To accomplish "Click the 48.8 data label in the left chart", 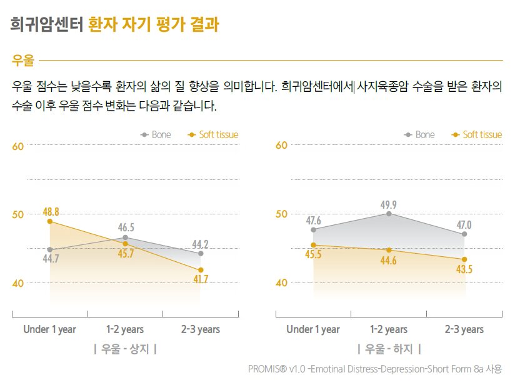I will (x=51, y=211).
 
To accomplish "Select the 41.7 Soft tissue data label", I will (x=201, y=279).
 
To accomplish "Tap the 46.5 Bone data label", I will (x=126, y=227).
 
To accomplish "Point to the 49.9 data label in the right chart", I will (x=389, y=204).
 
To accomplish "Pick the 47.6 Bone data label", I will (x=313, y=221).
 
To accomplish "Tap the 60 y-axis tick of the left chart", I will (x=18, y=146).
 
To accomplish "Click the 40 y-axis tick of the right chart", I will (x=281, y=282).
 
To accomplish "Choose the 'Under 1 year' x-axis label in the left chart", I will (x=49, y=329).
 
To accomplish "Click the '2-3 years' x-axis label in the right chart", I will (x=464, y=329).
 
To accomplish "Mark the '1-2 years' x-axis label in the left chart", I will (x=125, y=329).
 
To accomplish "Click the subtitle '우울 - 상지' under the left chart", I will (x=125, y=349).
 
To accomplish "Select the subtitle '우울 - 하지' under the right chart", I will (x=389, y=349).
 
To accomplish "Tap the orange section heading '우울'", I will (x=22, y=61).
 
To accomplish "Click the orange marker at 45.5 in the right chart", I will (x=313, y=245).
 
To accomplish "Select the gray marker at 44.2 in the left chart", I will (x=201, y=253).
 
